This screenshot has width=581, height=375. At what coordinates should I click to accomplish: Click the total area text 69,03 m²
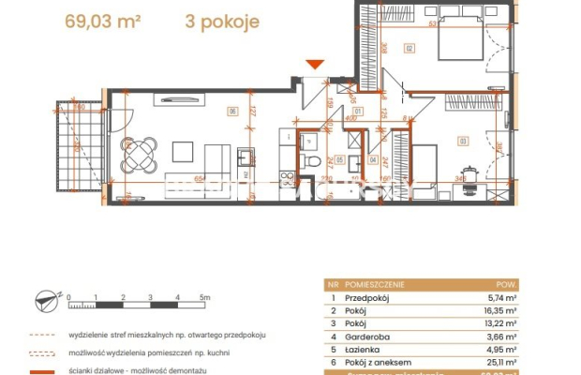[x=101, y=21]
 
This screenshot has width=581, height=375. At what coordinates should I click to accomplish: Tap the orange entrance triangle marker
[x=316, y=64]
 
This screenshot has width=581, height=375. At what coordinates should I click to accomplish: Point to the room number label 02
[x=410, y=47]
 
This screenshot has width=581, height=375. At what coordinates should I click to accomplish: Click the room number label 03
[x=462, y=141]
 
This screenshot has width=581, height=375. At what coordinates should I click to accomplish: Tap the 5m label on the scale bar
[x=204, y=296]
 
